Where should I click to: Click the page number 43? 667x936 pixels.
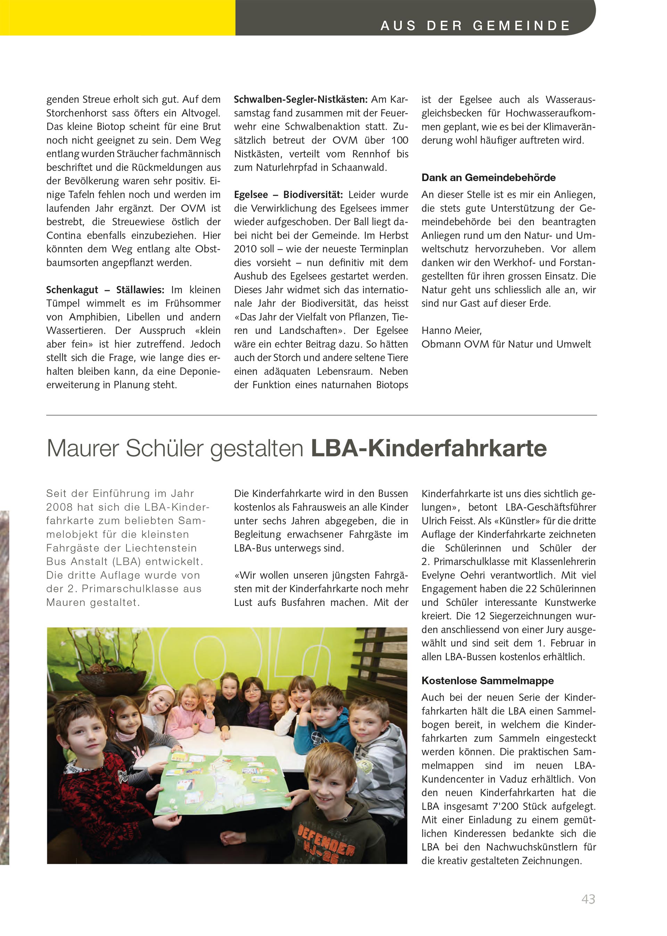click(x=588, y=899)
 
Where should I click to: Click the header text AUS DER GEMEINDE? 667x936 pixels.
click(x=475, y=26)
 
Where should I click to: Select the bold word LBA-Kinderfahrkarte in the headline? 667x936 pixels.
click(x=429, y=448)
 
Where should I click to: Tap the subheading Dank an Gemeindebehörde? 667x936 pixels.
click(x=488, y=178)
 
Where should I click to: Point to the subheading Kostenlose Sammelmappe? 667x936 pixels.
click(x=487, y=681)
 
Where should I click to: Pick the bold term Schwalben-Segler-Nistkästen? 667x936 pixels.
click(x=300, y=99)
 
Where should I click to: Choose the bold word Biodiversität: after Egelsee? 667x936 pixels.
click(x=313, y=194)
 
